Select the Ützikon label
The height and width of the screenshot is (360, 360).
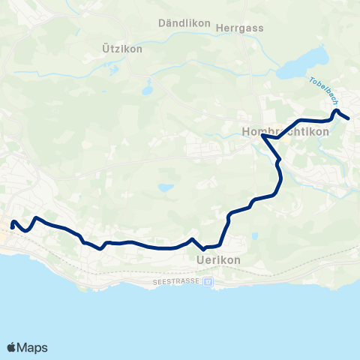click(121, 48)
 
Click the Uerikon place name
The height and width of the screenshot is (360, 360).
click(217, 259)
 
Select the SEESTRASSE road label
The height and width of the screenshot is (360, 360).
click(177, 282)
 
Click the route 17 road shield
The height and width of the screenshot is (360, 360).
click(208, 282)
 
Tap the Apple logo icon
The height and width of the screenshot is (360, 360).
click(12, 347)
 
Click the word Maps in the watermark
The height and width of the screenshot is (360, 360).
click(33, 347)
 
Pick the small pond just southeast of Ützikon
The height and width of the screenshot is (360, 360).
click(148, 90)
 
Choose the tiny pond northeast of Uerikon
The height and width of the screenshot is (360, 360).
click(255, 236)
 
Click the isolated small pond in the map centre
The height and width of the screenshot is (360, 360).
click(165, 187)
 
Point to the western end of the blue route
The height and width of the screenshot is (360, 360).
click(13, 223)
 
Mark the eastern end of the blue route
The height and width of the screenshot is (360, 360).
click(349, 118)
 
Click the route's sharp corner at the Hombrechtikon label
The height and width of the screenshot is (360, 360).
click(262, 136)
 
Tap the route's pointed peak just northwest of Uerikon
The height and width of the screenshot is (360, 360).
click(193, 239)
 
